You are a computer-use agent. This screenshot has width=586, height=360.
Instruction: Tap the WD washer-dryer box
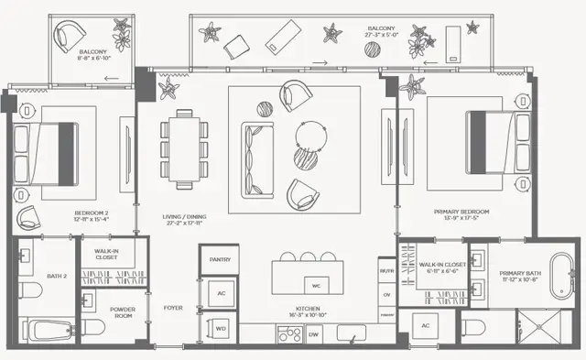220,326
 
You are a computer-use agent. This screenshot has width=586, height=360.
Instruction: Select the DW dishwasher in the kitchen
314,335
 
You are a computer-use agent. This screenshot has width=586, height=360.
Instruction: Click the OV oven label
386,294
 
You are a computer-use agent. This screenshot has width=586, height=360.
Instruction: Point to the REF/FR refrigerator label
386,271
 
